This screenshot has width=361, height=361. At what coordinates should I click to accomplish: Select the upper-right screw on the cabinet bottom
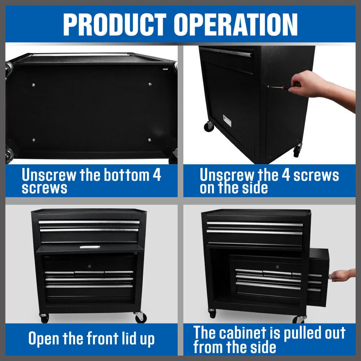click(150, 84)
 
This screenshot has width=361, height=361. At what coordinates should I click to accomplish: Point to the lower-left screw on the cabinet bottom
click(34, 140)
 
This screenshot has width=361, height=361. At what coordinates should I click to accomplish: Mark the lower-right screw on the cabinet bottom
click(149, 139)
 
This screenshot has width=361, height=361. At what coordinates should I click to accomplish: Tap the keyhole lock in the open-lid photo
click(89, 265)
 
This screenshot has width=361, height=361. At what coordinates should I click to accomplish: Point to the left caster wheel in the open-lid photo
click(44, 318)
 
